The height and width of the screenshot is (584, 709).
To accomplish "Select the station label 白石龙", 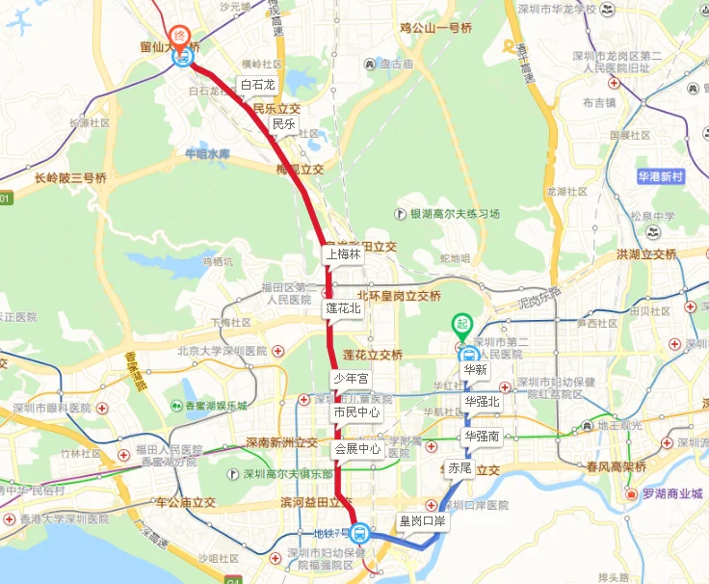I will click(258, 85).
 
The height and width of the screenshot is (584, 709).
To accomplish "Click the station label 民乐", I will click(283, 123).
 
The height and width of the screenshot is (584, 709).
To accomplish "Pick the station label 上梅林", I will click(343, 254).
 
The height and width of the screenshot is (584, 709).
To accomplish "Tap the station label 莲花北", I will click(343, 308).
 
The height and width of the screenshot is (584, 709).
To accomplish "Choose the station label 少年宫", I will click(351, 379).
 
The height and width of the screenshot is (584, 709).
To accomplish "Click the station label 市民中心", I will click(356, 412).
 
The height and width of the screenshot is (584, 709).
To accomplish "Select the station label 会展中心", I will click(357, 449).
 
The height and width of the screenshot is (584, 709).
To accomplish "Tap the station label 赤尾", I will click(460, 467).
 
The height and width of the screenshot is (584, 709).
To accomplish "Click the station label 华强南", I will click(482, 436).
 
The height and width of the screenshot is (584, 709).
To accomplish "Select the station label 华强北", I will click(482, 401).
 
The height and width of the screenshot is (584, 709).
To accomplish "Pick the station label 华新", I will click(475, 369).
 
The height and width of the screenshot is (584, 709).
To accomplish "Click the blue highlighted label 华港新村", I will click(660, 177).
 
